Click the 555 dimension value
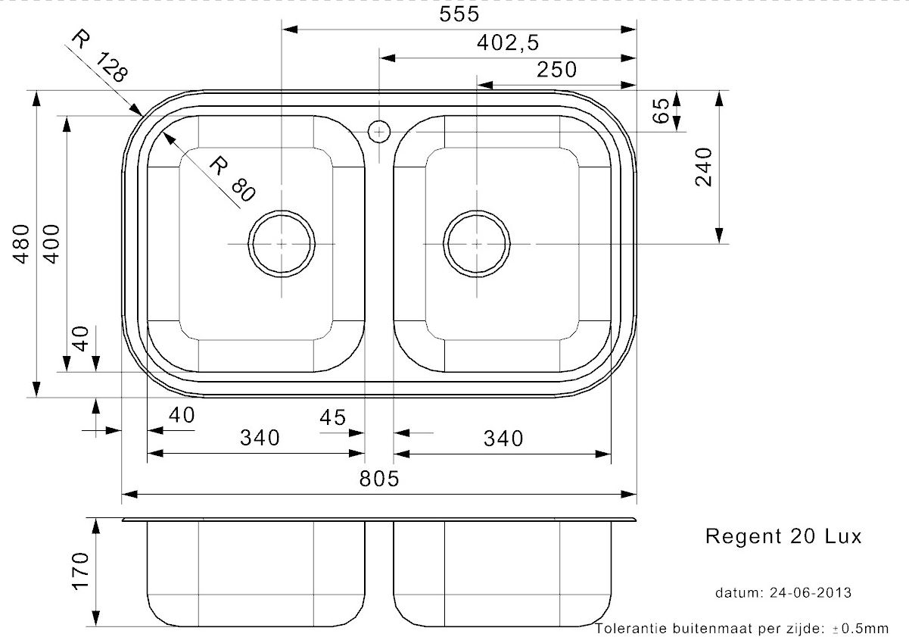pyautogui.click(x=459, y=14)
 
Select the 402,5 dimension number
pyautogui.click(x=508, y=42)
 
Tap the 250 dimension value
pyautogui.click(x=556, y=70)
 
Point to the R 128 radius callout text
pyautogui.click(x=100, y=56)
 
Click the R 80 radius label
pyautogui.click(x=232, y=179)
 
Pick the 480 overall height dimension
pyautogui.click(x=22, y=244)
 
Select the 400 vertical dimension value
pyautogui.click(x=51, y=244)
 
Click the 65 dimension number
pyautogui.click(x=661, y=111)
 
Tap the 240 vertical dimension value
pyautogui.click(x=703, y=167)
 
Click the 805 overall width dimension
pyautogui.click(x=379, y=479)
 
